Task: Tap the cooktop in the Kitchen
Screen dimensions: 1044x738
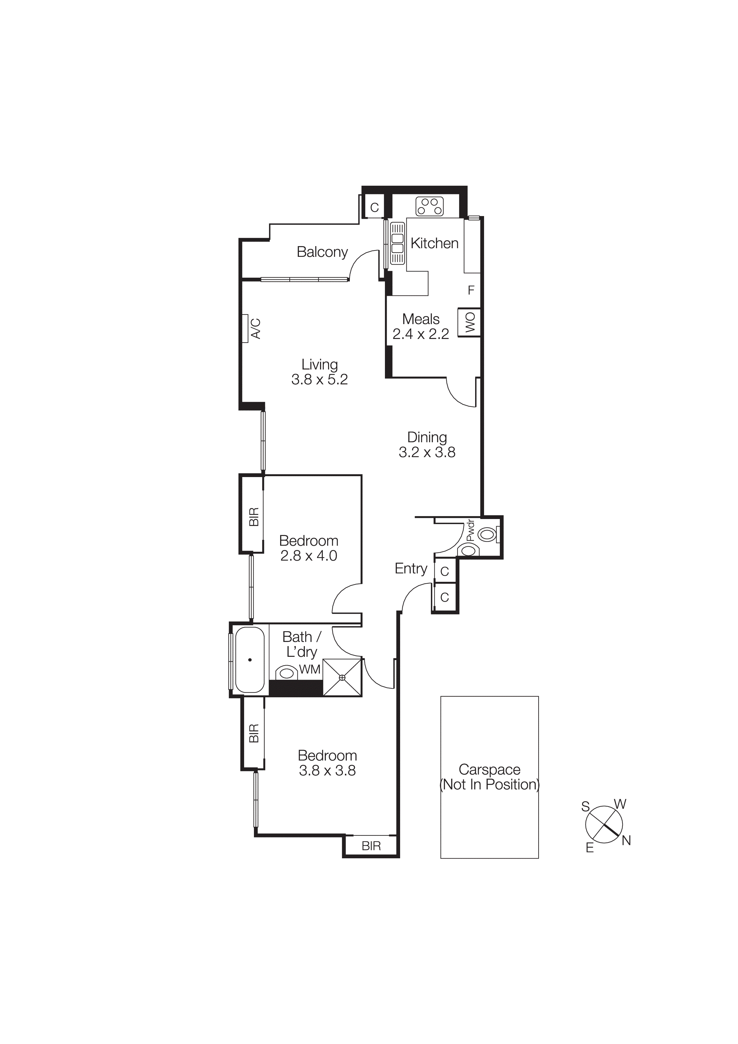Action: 429,207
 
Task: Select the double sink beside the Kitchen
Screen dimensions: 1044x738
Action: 397,243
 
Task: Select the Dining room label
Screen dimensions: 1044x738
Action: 427,437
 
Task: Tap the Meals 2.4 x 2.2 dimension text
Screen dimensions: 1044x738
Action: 421,334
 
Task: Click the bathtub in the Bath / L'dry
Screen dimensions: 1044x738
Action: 250,660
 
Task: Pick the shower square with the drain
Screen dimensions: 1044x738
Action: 342,678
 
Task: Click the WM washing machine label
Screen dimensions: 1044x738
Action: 310,669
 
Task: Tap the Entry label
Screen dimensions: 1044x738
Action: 411,568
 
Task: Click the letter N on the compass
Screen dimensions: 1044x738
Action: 626,841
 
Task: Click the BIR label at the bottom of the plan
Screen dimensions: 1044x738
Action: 371,846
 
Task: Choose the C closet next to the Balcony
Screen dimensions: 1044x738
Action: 374,208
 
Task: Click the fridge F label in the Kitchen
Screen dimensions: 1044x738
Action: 471,290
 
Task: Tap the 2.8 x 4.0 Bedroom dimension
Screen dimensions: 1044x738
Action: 308,556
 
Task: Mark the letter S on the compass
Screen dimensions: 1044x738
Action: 585,807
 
